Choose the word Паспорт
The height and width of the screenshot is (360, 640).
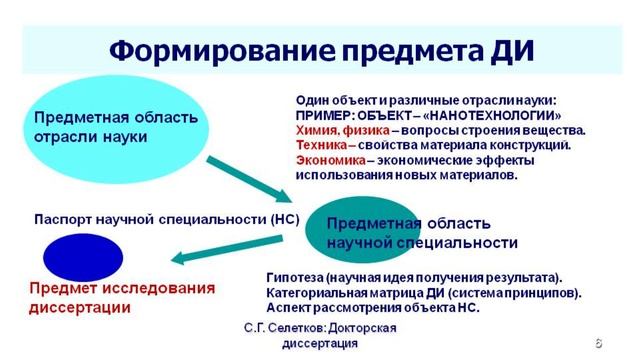[65, 217]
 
